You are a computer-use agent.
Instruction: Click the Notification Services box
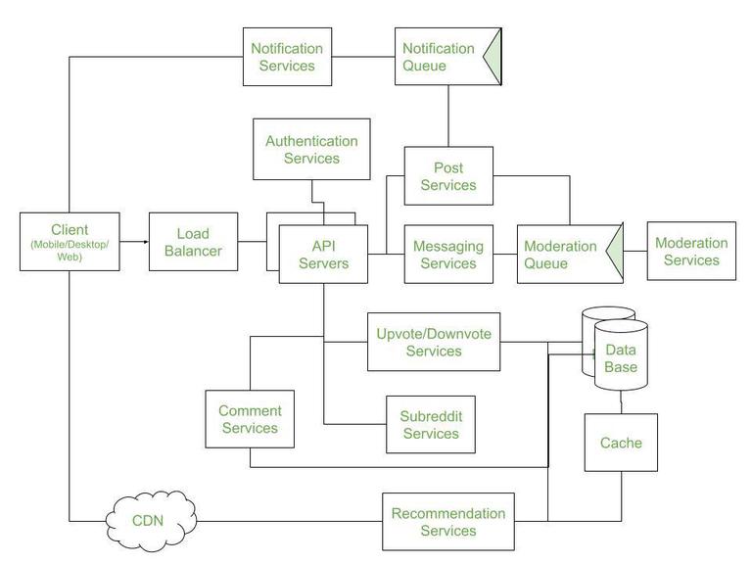click(283, 57)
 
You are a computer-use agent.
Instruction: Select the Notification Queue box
click(440, 57)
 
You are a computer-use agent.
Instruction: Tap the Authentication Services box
click(311, 149)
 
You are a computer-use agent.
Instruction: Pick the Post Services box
click(448, 176)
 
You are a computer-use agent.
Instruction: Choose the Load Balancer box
click(199, 242)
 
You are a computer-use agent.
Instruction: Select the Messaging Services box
click(448, 255)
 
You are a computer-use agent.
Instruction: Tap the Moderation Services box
click(691, 252)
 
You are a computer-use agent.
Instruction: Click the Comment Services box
click(250, 419)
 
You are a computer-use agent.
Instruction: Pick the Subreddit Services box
click(430, 425)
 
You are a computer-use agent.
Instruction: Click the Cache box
click(621, 443)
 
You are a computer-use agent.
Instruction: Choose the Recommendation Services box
click(447, 522)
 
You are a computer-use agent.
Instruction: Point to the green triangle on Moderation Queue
click(615, 254)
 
